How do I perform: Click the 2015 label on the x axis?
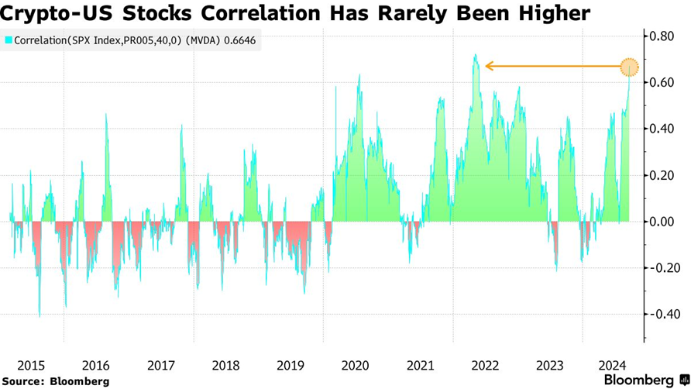click(31, 364)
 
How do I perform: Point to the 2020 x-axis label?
click(355, 364)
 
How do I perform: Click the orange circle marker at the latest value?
click(630, 67)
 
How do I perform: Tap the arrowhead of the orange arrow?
click(488, 67)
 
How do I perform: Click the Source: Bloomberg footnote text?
click(57, 381)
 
